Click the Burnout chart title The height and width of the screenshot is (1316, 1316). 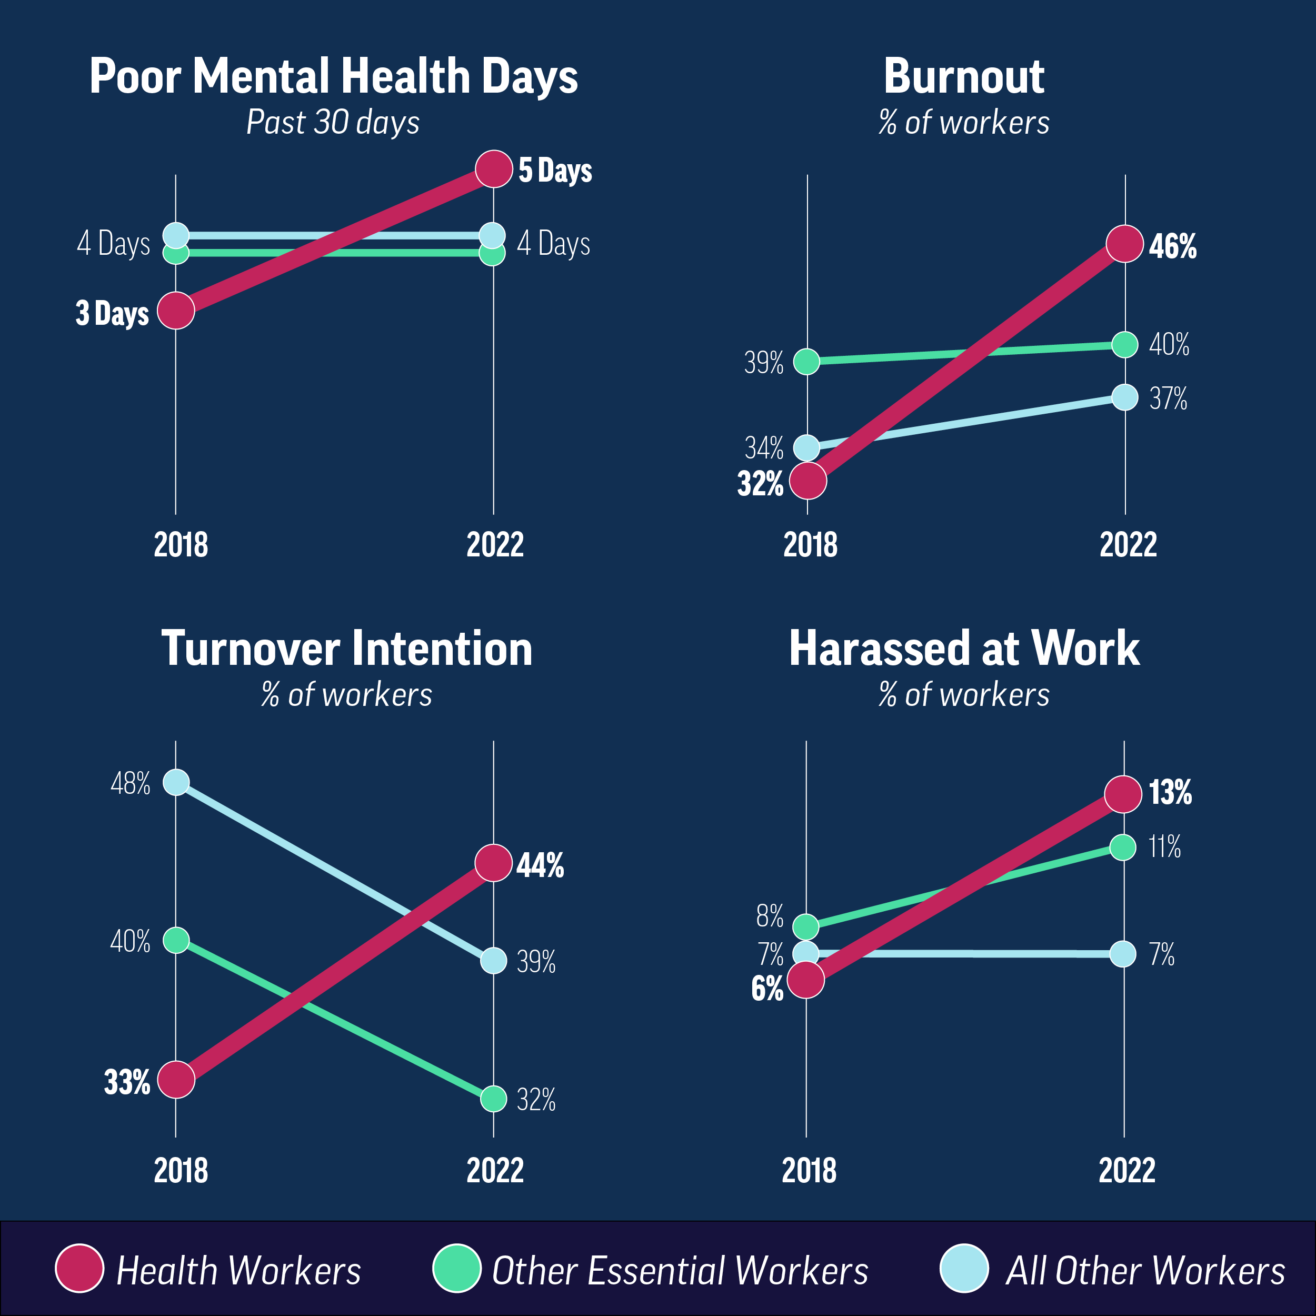click(x=963, y=76)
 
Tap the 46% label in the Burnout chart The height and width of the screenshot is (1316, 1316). click(x=1172, y=246)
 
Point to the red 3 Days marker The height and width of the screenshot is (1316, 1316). click(x=176, y=311)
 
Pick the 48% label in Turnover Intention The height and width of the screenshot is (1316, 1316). click(x=130, y=784)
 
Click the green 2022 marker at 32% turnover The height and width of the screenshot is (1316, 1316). click(x=493, y=1099)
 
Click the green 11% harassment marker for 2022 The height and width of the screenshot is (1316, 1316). click(x=1123, y=848)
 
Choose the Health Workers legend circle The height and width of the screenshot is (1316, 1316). click(x=79, y=1268)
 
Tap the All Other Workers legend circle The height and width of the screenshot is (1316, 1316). click(x=963, y=1268)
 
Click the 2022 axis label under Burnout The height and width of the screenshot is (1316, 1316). click(x=1128, y=545)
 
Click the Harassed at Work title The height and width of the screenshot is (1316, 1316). click(x=964, y=649)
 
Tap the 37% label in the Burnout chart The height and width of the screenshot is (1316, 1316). click(x=1168, y=399)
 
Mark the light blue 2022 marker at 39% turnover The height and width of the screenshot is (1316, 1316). click(x=493, y=961)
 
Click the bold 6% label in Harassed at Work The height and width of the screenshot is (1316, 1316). click(x=767, y=989)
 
